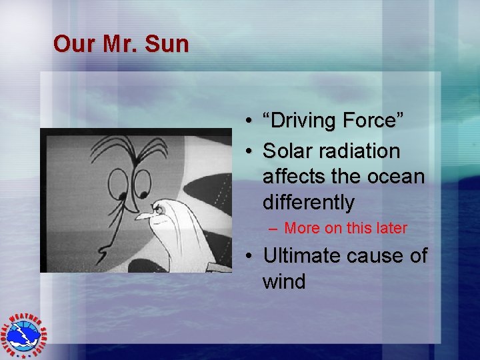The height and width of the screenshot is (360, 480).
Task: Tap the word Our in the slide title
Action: [x=70, y=44]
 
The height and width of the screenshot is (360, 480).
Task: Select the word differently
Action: [x=308, y=202]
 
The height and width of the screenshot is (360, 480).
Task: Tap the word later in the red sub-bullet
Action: [x=390, y=228]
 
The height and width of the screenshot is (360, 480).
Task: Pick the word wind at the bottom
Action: [x=284, y=281]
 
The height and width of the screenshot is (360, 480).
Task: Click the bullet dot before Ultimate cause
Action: [x=247, y=257]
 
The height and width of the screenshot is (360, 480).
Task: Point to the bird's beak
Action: [x=141, y=215]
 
